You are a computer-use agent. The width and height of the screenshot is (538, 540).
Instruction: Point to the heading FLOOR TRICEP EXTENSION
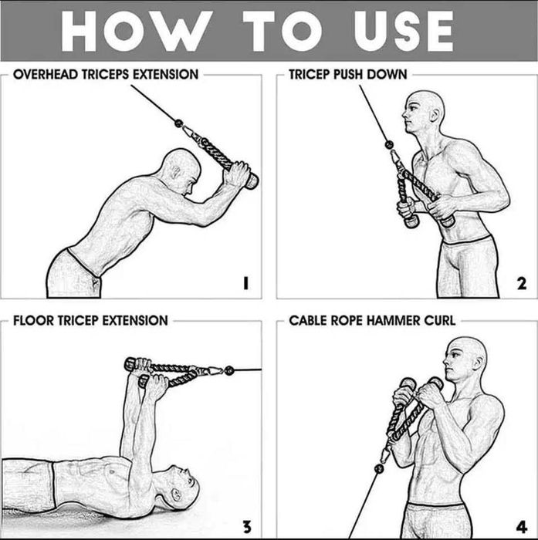pos(90,319)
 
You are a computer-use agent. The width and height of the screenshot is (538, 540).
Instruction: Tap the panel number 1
pos(245,284)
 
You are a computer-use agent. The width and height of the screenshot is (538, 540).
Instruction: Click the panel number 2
pos(522,284)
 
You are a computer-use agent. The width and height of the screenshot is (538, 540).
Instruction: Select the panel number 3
pos(245,528)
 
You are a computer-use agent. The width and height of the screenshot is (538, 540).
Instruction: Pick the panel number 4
pos(522,528)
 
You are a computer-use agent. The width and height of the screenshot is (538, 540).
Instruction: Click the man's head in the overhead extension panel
pos(181,171)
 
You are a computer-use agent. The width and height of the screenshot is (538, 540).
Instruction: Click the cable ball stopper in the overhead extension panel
pos(178,123)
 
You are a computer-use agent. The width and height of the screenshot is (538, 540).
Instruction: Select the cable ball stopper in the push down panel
pos(389,144)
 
